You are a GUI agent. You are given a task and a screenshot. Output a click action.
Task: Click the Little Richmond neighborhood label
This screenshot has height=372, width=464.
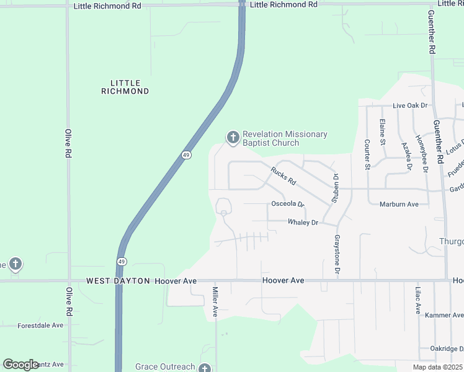point(125,87)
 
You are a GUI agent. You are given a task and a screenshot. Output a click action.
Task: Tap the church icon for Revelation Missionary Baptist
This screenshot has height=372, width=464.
point(233,138)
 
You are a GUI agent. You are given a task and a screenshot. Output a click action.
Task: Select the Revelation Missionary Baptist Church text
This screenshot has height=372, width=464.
point(285,138)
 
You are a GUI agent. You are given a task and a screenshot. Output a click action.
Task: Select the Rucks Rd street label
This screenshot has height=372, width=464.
point(283,177)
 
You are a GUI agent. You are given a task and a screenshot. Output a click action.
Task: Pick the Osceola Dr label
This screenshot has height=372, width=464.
point(288,204)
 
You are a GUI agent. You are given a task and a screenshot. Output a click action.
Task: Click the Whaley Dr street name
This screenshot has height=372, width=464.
point(303,223)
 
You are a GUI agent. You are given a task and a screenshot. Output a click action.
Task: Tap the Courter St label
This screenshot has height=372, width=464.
point(367,154)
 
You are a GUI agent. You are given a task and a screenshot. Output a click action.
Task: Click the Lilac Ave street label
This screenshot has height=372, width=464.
point(417,301)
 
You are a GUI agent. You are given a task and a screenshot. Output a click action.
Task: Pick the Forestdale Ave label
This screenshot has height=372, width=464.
point(40,325)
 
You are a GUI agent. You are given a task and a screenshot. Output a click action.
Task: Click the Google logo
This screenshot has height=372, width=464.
point(20,365)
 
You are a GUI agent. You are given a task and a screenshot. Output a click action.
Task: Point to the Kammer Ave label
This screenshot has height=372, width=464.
point(444,316)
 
